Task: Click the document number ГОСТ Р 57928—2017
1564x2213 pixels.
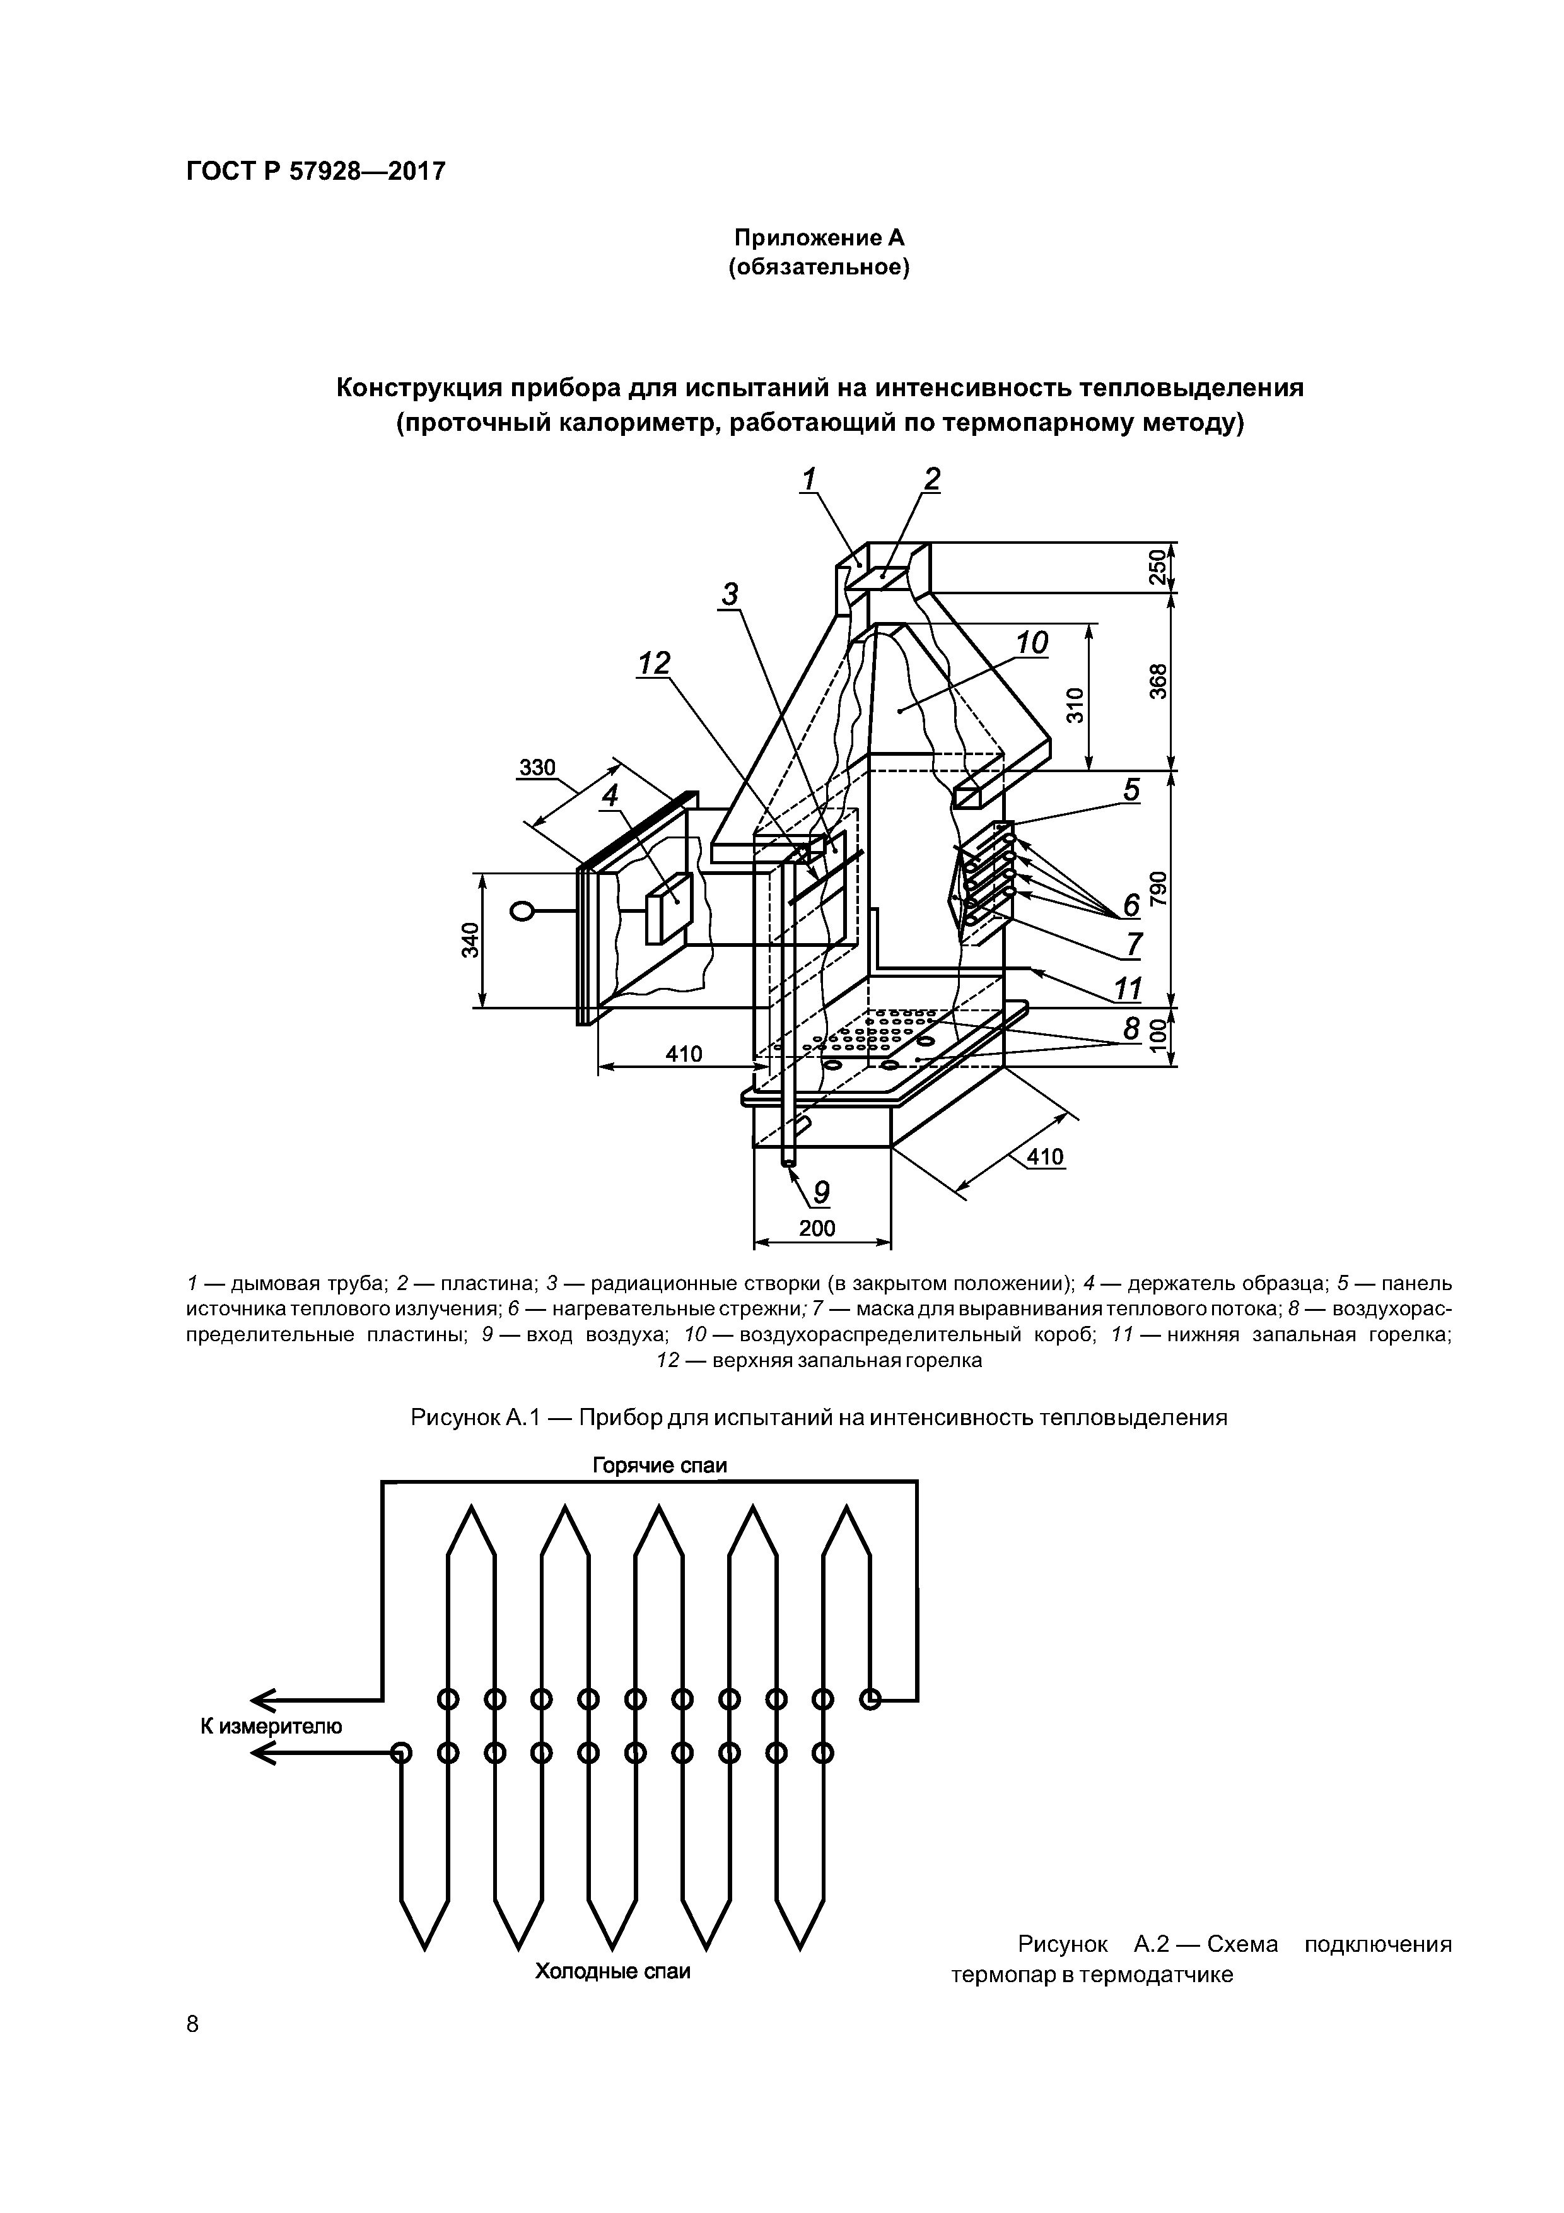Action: coord(315,172)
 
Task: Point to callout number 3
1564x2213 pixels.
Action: coord(730,595)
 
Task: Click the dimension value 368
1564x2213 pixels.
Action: coord(1159,681)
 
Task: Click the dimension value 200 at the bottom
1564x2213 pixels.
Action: coord(817,1228)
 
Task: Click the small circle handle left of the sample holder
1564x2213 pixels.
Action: coord(523,911)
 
